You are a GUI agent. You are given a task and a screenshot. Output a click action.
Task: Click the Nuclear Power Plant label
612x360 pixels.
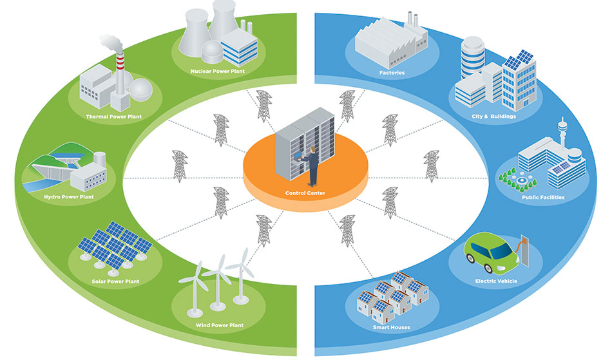[217, 71]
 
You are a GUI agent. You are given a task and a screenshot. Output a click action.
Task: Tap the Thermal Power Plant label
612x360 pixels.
[113, 117]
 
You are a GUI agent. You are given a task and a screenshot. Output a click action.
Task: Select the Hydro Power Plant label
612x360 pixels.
[69, 197]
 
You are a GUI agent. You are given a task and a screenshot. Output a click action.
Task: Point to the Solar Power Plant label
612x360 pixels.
[115, 281]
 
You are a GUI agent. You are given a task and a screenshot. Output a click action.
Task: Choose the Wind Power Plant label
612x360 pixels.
[219, 325]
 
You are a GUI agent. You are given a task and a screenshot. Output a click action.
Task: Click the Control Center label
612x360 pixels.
[305, 193]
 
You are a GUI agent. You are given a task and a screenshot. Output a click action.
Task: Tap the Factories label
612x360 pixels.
[392, 73]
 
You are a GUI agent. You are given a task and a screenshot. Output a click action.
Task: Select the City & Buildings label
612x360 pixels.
[493, 116]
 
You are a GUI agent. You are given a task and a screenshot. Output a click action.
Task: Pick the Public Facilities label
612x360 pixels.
[543, 197]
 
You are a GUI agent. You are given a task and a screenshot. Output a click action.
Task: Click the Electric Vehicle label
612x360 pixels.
[496, 281]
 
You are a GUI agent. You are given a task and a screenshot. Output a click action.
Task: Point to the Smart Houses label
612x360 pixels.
[392, 327]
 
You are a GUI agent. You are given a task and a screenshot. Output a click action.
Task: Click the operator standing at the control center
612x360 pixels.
[311, 166]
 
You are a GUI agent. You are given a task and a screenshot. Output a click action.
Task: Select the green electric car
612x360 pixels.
[492, 252]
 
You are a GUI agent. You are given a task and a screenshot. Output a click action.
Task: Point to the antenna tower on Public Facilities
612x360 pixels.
[562, 133]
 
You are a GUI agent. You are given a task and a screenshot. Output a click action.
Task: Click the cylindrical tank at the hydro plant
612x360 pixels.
[99, 158]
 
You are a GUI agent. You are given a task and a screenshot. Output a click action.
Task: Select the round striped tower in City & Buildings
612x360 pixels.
[473, 58]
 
